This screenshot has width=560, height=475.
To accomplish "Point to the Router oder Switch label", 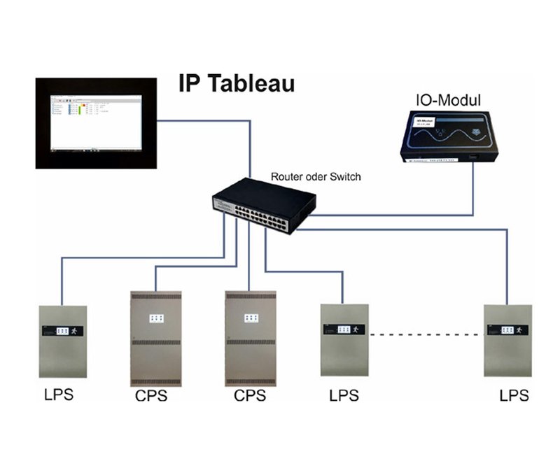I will pyautogui.click(x=316, y=177).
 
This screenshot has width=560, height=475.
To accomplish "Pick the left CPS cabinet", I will pyautogui.click(x=156, y=339).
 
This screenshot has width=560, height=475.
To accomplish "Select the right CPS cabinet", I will pyautogui.click(x=250, y=339).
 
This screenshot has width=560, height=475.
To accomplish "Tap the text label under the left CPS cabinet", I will pyautogui.click(x=151, y=396).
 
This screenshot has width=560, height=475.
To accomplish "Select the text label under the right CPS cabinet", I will pyautogui.click(x=250, y=396).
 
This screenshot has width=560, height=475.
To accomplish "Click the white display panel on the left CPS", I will pyautogui.click(x=156, y=318).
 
